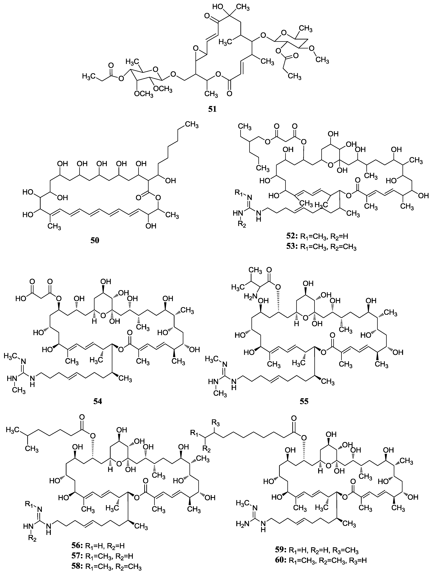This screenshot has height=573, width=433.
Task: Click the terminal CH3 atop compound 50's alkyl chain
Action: pos(192,125)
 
